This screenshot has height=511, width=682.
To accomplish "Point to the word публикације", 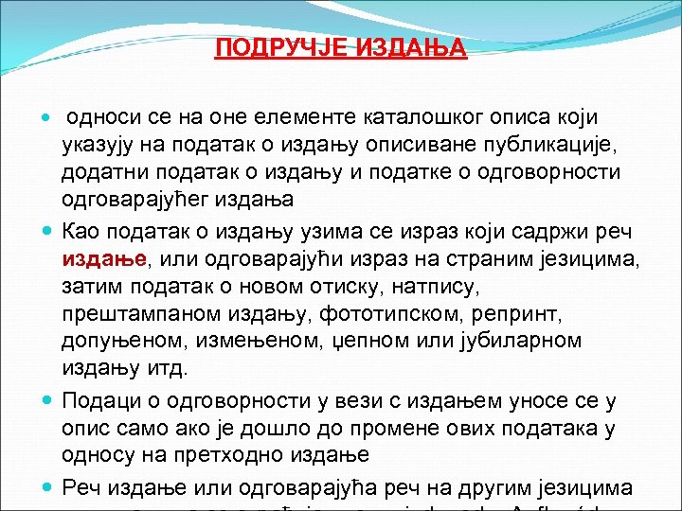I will pos(531,145).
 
